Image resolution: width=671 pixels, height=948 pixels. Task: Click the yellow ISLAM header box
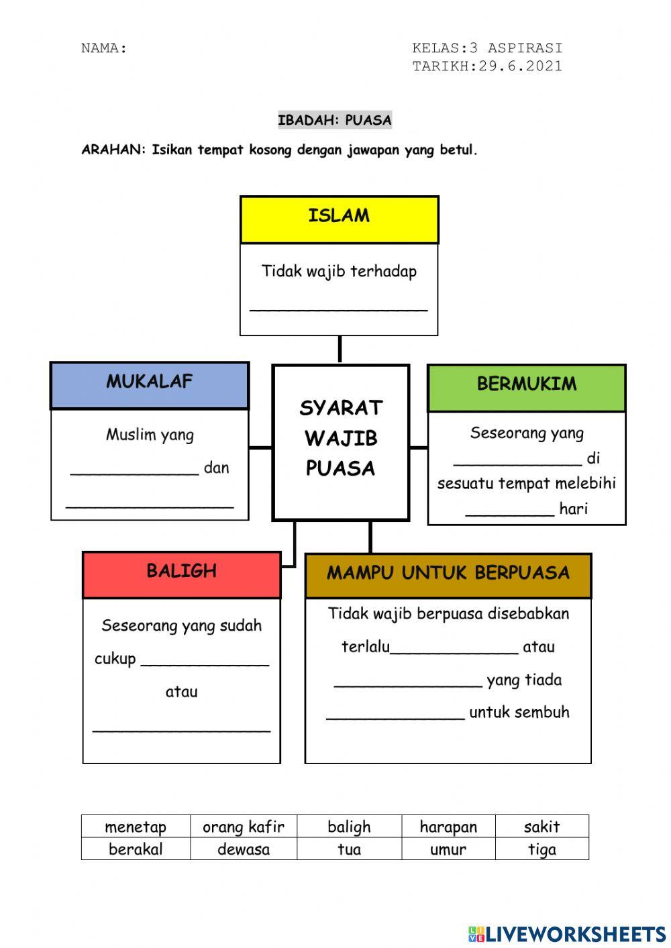point(339,219)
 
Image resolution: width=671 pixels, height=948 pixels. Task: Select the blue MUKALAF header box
point(150,385)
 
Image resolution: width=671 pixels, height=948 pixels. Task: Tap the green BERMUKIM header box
point(527,388)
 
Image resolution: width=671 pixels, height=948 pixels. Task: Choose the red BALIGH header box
point(182,574)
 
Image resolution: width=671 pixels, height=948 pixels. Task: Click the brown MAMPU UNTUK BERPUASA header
point(448,575)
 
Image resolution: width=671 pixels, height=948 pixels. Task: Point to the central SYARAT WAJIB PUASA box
point(341,442)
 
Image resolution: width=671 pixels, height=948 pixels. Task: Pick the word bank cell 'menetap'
point(136,827)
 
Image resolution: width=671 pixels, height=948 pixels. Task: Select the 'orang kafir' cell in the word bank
point(244,827)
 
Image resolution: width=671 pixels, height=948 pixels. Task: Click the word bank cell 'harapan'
point(448,827)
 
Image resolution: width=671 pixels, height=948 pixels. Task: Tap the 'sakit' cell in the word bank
point(541,827)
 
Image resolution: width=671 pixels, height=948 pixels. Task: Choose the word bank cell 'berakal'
point(136,849)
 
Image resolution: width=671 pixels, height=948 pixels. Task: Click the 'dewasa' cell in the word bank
point(244,849)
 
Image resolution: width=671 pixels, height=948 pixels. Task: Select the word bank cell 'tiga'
point(541,849)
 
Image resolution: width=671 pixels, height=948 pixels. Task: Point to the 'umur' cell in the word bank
point(448,849)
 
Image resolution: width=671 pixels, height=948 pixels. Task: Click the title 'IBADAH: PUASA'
point(335,120)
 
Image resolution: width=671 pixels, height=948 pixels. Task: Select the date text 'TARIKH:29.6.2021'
point(487,66)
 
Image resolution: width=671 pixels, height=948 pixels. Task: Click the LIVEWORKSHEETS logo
point(567,934)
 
